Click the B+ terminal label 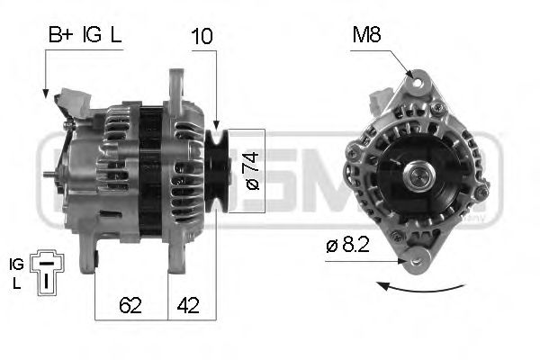click(60, 37)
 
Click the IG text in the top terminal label click(92, 37)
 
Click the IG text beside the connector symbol click(16, 264)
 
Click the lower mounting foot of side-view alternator click(89, 257)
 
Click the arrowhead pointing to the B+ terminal click(45, 94)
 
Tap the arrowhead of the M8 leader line click(411, 76)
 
